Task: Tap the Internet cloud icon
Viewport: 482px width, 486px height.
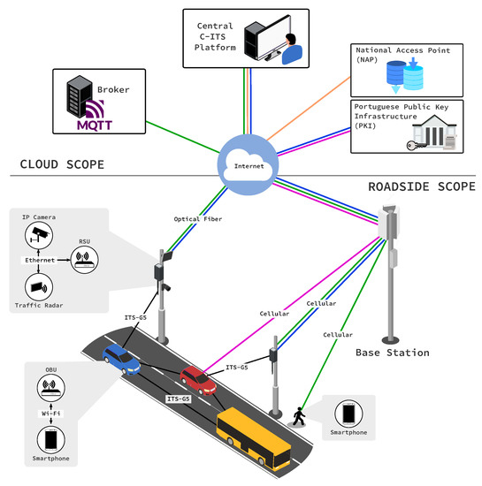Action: pyautogui.click(x=239, y=161)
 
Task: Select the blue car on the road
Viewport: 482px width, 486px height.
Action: pyautogui.click(x=120, y=361)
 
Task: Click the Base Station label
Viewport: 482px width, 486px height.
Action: pyautogui.click(x=393, y=353)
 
